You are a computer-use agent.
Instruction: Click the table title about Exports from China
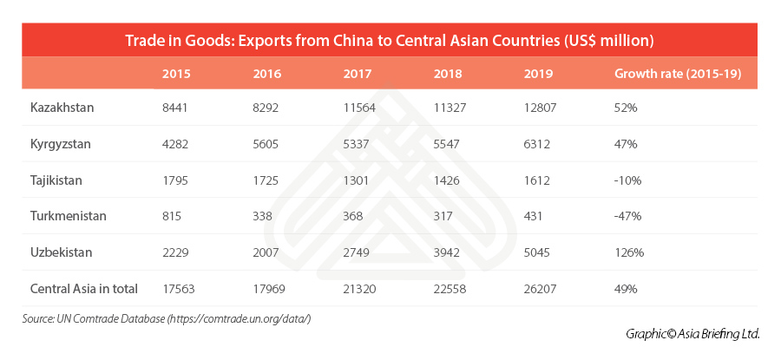point(389,40)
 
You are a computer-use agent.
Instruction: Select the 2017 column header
point(358,74)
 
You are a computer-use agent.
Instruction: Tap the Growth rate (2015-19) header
point(677,74)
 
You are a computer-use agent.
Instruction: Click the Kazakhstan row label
point(62,108)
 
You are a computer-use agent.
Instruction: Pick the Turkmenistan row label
point(68,216)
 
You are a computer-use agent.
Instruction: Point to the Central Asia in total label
point(84,289)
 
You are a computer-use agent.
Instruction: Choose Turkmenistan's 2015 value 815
point(174,216)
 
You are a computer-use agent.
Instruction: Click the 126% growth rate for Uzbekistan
point(628,252)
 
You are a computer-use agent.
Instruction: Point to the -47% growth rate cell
point(628,216)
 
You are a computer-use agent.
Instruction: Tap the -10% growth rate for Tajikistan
point(628,180)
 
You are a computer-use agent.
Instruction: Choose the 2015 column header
point(177,74)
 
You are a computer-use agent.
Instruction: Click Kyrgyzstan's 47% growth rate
point(625,144)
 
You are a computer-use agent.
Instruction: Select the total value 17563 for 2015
point(180,289)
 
